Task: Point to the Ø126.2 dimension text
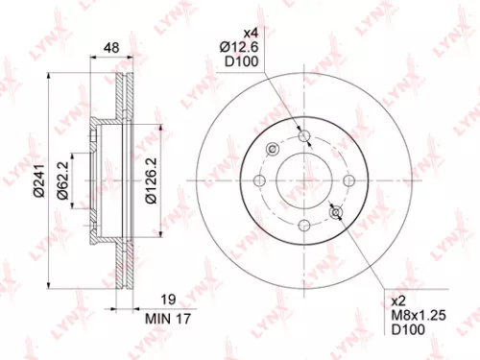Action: (x=150, y=180)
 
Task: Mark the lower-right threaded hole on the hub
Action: (x=336, y=212)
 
